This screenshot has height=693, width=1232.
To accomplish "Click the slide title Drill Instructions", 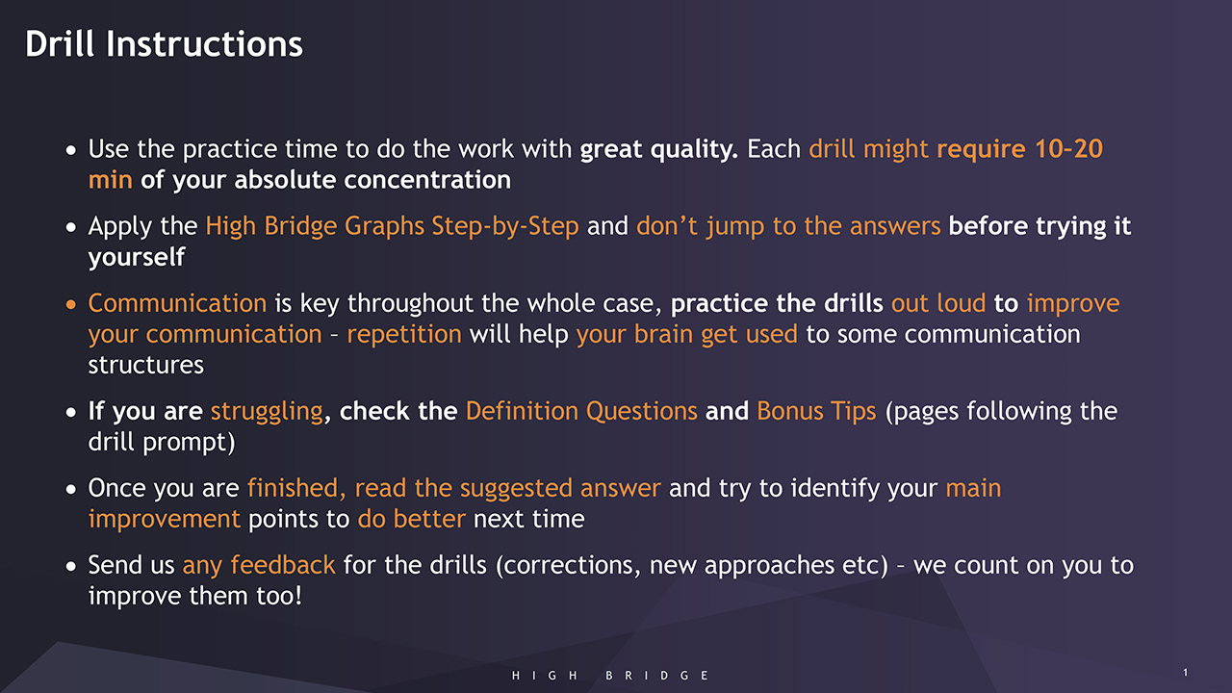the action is [164, 44].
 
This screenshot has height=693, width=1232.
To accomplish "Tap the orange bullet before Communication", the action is [70, 304].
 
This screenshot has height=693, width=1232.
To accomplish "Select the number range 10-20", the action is [1068, 149].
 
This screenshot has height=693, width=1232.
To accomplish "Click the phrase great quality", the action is [659, 149].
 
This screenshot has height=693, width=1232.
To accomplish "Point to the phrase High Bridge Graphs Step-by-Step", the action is [392, 226].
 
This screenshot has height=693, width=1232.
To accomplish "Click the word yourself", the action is [137, 257].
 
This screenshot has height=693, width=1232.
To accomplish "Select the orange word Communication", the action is [177, 303].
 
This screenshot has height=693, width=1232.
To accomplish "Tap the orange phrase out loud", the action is [938, 303].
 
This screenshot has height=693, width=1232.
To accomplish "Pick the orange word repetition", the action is [404, 335].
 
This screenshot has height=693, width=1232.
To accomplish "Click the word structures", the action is [145, 365].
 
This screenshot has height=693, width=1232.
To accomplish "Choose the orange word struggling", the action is [267, 412].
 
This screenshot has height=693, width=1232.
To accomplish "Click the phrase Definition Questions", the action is [581, 411].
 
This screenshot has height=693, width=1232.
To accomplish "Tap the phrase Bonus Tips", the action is [817, 412].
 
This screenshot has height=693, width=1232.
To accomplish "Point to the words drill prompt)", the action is [162, 442].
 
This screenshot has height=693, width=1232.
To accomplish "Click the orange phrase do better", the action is [411, 519].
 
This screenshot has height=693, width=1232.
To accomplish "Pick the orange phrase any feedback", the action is [259, 566].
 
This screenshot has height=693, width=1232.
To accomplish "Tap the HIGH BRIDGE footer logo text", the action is [610, 676].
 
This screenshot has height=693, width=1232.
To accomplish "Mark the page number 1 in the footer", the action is [1185, 672].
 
